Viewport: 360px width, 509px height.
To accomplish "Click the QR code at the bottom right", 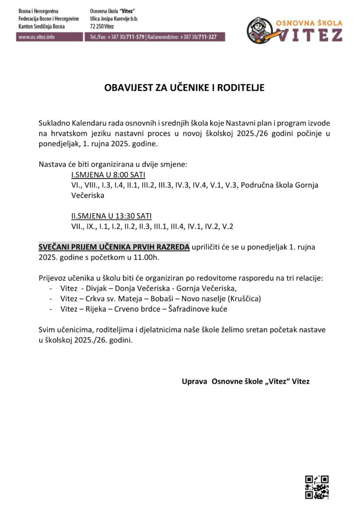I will tap(316, 487).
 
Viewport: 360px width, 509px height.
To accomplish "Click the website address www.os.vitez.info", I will tap(36, 37).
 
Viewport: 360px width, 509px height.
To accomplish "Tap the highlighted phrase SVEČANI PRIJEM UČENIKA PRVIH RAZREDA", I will tap(114, 247).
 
